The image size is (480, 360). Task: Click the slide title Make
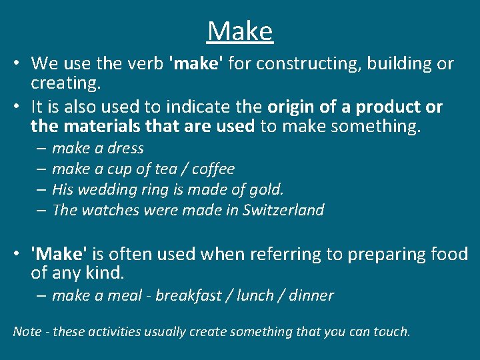click(240, 31)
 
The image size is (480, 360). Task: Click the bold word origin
click(292, 107)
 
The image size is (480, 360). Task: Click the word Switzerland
click(283, 210)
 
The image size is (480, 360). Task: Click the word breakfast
click(188, 295)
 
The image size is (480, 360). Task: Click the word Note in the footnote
click(27, 331)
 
